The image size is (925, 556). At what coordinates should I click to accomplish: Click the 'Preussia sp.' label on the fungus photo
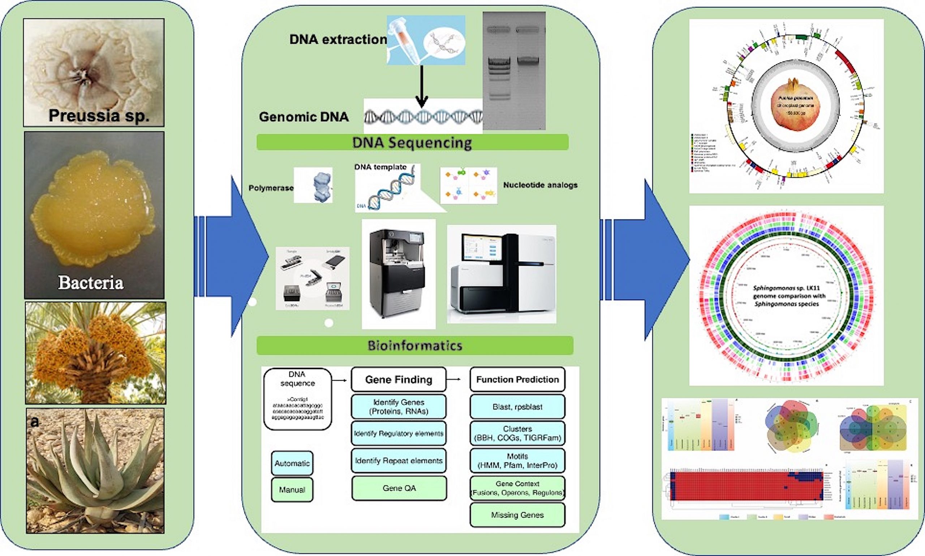tap(99, 116)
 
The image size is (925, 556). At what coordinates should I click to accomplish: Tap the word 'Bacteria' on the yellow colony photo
tap(91, 283)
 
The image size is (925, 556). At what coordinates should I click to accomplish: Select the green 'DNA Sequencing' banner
tap(412, 143)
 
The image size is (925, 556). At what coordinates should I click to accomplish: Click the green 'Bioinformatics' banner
tap(415, 346)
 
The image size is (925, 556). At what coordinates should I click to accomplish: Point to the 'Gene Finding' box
tap(399, 379)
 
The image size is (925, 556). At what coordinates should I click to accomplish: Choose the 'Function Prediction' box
tap(517, 379)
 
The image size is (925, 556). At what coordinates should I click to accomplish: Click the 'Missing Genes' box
tap(517, 515)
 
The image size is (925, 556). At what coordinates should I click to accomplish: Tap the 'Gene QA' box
tap(399, 488)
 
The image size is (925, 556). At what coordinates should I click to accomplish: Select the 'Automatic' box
tap(292, 464)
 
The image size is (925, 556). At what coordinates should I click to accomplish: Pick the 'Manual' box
tap(292, 490)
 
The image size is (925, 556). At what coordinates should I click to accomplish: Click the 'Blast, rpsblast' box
tap(517, 407)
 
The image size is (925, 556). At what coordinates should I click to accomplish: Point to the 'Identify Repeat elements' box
tap(399, 461)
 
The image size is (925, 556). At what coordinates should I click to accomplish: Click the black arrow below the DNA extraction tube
tap(422, 86)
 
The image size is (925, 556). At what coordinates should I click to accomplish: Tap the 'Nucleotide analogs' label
tap(540, 185)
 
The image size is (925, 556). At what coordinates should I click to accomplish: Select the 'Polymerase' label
tap(271, 188)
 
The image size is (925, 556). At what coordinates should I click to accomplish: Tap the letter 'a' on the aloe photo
tap(34, 422)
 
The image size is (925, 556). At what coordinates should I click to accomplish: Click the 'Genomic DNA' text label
tap(304, 117)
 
